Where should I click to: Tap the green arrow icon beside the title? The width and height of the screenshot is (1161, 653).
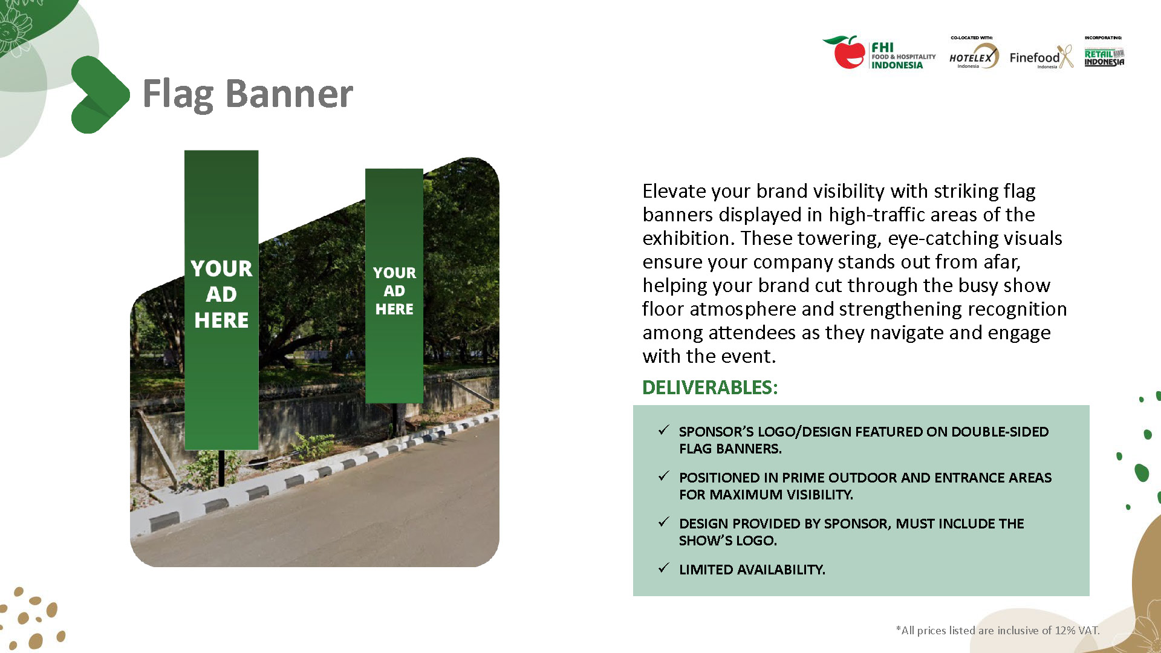(x=99, y=94)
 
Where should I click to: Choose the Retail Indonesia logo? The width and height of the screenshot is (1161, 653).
(x=1104, y=57)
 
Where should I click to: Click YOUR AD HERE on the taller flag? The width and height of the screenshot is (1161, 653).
(x=221, y=294)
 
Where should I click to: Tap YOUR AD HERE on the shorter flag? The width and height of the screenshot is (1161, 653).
(x=394, y=291)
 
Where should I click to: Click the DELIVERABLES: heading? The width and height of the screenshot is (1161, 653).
(x=710, y=388)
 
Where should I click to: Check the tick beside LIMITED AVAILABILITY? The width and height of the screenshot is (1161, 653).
(x=664, y=568)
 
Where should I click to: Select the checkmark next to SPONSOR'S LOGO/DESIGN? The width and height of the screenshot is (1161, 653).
(x=664, y=430)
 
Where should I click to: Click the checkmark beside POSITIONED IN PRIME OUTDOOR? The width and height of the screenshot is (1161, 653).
(x=664, y=476)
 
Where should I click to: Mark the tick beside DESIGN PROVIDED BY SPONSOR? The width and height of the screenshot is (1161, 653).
(x=664, y=522)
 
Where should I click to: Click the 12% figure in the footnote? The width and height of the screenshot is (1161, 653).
(x=1065, y=631)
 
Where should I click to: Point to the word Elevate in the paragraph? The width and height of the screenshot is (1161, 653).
(x=674, y=191)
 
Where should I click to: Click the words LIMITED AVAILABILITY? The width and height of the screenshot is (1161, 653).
(x=752, y=570)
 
